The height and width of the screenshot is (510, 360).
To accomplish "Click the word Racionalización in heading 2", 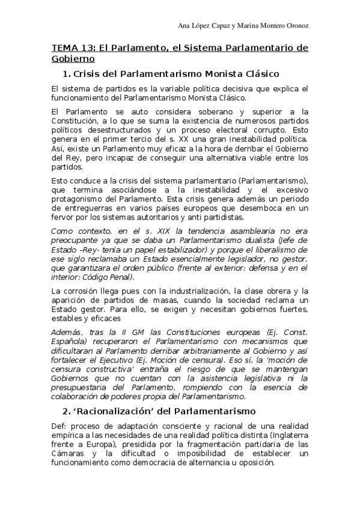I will click(123, 411).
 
